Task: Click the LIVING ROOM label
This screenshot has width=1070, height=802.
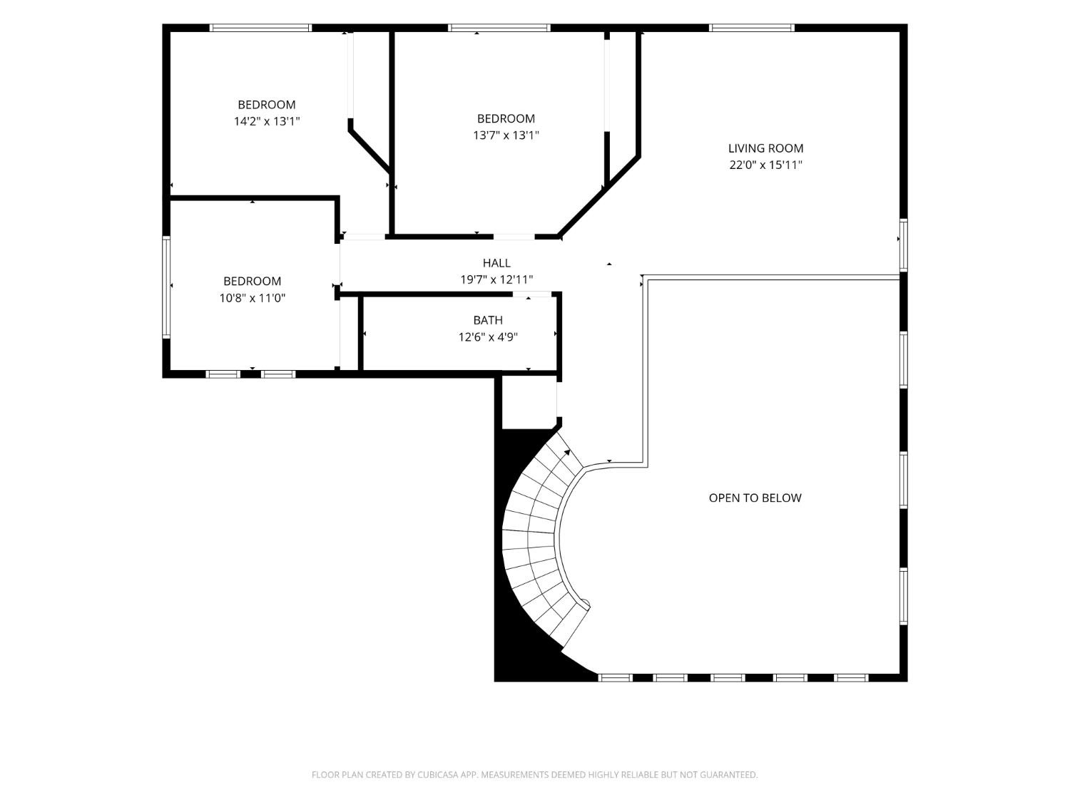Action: pos(765,148)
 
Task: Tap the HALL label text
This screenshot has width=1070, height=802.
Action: pos(496,263)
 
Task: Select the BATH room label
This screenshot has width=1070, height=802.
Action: pos(487,320)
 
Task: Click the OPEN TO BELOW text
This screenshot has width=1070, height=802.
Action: pos(755,498)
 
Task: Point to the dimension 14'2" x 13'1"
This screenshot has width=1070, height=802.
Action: pos(267,121)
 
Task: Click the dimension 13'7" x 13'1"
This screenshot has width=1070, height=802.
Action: pos(506,135)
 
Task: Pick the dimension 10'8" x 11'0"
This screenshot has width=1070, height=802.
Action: pos(252,297)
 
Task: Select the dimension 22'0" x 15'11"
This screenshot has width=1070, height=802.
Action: pos(765,165)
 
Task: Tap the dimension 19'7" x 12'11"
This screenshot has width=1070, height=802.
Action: pos(496,279)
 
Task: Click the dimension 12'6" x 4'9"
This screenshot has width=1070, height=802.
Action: pos(487,336)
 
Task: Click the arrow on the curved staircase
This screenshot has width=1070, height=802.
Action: pos(567,453)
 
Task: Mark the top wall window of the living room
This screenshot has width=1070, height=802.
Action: pos(751,28)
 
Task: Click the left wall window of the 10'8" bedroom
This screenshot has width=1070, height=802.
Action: pos(166,287)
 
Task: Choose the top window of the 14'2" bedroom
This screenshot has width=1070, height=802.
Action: pos(260,28)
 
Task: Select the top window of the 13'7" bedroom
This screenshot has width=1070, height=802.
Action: pos(499,28)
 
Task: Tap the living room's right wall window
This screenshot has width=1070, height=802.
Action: pos(903,245)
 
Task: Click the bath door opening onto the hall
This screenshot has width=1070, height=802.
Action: pos(532,294)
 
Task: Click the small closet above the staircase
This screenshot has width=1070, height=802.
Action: pos(529,402)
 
